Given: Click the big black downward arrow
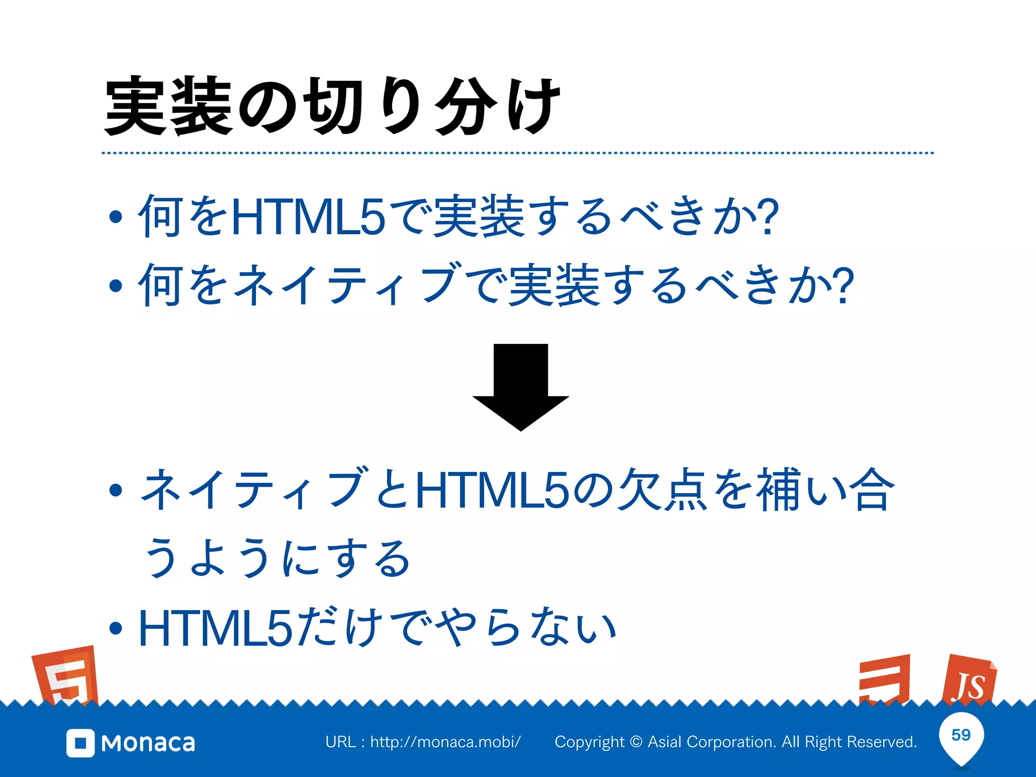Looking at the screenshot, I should point(521,387).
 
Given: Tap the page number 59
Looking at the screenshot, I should point(961,735).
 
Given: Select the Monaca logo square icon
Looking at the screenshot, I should point(80,743).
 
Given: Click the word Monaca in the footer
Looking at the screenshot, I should point(148,743).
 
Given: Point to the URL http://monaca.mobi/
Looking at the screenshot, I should point(445,742).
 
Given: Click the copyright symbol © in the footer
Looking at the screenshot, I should point(636,742).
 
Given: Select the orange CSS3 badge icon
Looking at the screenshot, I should point(885,679).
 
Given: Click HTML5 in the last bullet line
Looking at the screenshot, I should point(215,629).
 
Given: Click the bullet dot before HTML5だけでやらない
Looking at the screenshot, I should point(116,628).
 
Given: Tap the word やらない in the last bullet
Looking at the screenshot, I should point(526,629).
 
